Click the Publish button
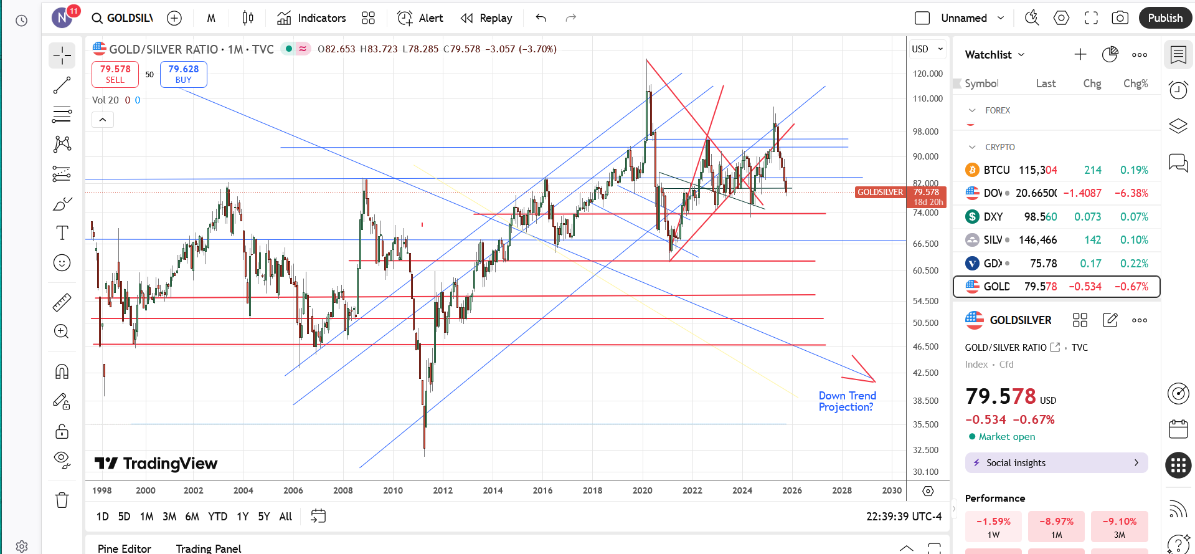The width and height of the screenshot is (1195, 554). [1164, 18]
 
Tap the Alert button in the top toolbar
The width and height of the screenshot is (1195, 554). [421, 18]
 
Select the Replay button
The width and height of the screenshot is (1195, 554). [486, 18]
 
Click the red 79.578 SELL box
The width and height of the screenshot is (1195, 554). [115, 74]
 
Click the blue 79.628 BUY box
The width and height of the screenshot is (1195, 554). [183, 74]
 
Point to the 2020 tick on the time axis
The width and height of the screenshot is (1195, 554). [642, 490]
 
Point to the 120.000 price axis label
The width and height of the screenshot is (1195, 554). [927, 74]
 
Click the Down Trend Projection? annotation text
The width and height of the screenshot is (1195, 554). [847, 401]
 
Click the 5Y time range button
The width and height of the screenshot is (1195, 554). [264, 517]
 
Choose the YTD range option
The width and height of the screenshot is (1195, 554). [217, 517]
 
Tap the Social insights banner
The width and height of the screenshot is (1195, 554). [1056, 463]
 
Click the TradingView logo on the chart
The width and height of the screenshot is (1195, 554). [156, 464]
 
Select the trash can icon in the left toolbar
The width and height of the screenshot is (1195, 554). [62, 500]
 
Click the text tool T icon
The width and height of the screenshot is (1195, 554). [62, 233]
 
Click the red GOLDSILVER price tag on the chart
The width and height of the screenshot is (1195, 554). [880, 193]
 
